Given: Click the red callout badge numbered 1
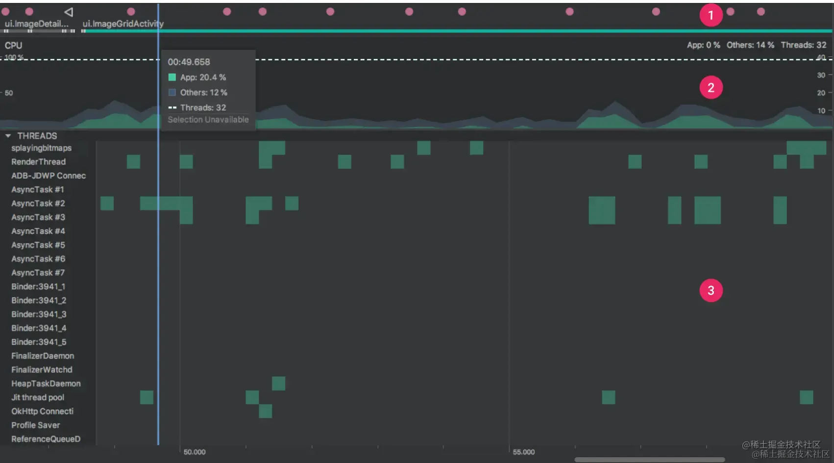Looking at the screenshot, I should [x=711, y=15].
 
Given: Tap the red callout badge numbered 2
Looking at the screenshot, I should [x=711, y=88].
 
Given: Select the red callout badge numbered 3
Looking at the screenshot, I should [x=711, y=290].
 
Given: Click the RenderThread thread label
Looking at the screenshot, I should [x=38, y=162].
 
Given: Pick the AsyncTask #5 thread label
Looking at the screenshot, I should [x=38, y=245].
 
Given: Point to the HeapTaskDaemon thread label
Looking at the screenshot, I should [x=46, y=384].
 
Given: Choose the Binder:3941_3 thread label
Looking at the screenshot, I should [x=39, y=314].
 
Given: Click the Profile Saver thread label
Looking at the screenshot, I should [x=36, y=425].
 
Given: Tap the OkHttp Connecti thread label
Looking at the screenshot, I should [x=43, y=412].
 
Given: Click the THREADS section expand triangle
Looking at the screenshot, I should [x=8, y=136].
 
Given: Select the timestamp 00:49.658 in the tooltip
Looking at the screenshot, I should [x=189, y=62].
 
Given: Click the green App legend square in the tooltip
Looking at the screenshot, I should [x=172, y=77].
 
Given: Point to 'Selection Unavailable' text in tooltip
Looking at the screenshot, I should [x=208, y=120].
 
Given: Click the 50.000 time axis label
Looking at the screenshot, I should [x=195, y=452].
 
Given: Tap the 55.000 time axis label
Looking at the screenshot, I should [x=524, y=452].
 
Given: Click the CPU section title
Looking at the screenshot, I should [x=14, y=46].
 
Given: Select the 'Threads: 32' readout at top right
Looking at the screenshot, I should [x=804, y=45].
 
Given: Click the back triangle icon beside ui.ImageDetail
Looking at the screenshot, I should [x=69, y=12].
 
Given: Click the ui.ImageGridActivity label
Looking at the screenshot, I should [x=123, y=24].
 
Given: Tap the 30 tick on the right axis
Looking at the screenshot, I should [x=821, y=75].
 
